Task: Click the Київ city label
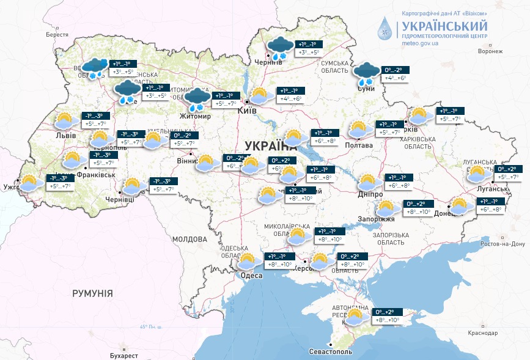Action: point(246,111)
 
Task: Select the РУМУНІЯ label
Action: point(92,293)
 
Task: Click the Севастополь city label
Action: point(330,352)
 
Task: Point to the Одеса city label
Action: point(251,276)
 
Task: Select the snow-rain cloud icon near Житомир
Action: point(198,98)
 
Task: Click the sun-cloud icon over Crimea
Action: point(356,316)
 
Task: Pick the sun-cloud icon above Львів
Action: point(66,120)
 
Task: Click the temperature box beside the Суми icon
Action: point(394,74)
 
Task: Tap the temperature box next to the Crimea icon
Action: point(386,316)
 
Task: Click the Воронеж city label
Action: point(490,51)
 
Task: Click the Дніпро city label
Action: point(370,194)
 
